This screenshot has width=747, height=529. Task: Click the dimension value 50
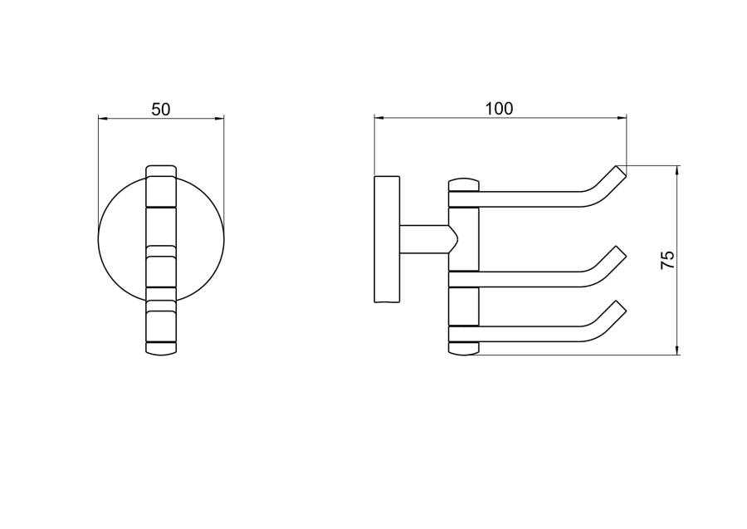tap(160, 109)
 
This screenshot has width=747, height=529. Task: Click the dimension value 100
tap(499, 109)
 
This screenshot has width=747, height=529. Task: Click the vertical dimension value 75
tap(668, 260)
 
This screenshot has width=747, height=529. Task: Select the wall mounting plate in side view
tap(388, 239)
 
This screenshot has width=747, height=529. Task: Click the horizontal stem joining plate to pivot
tap(427, 239)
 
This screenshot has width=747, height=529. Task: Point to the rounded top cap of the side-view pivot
tap(463, 185)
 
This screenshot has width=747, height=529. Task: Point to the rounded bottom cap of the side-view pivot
tap(463, 349)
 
